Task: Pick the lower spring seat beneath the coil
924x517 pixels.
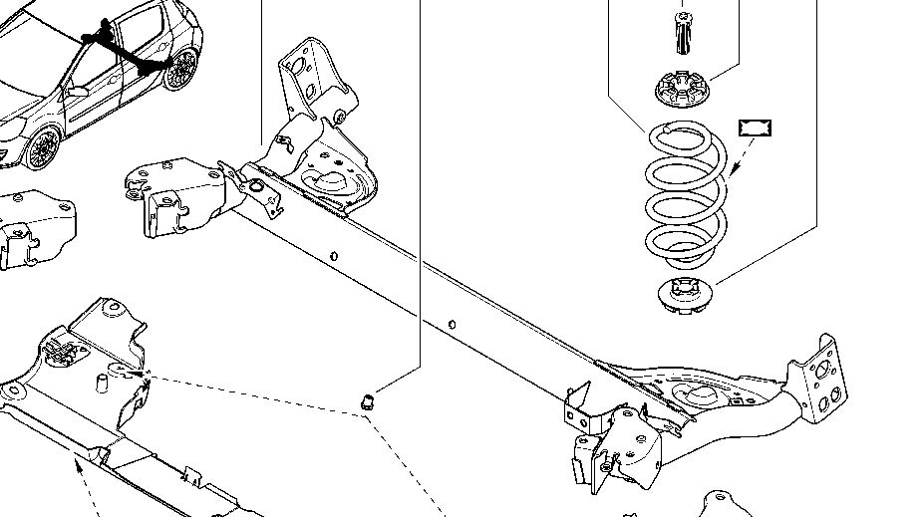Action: pos(687,295)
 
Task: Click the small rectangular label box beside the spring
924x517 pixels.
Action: pos(757,128)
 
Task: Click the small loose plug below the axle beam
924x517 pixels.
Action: pos(367,400)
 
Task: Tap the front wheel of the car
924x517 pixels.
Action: pos(42,150)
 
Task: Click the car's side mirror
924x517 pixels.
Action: pos(78,91)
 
